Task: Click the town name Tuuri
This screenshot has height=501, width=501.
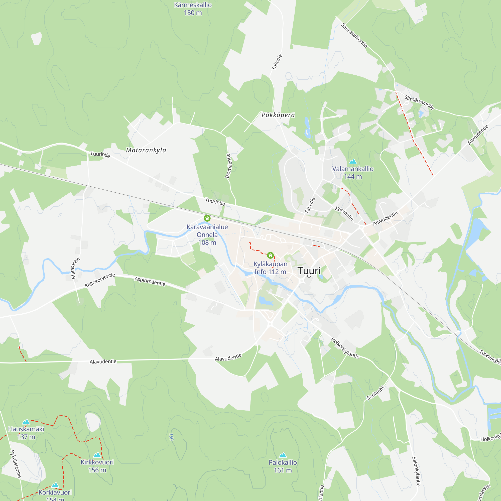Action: coord(309,271)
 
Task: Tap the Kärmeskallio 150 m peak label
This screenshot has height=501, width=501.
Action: coord(193,9)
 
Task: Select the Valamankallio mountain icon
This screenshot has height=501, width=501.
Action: coord(353,162)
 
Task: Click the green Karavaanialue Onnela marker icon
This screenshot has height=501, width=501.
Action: coord(207,218)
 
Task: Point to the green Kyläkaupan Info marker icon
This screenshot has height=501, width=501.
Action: coord(270,256)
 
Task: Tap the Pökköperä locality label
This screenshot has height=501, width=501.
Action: coord(278,115)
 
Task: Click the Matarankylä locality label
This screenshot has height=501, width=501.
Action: coord(146,150)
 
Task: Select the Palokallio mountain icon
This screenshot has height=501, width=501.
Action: coord(283,455)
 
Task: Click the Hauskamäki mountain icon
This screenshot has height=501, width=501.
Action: coord(26,421)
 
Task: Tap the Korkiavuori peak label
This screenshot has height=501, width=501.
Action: coord(55,492)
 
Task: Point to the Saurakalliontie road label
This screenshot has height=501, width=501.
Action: coord(354,35)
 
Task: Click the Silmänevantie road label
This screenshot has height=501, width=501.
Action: coord(419,102)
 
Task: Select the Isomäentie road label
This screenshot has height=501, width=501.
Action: coord(228,166)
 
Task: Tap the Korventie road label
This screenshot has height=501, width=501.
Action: coord(344,213)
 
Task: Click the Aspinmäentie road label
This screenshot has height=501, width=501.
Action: coord(150,281)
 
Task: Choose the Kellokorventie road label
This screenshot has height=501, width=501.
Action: coord(100,280)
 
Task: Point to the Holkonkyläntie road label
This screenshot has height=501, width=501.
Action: coord(345,348)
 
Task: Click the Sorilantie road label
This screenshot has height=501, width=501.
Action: coord(375,393)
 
